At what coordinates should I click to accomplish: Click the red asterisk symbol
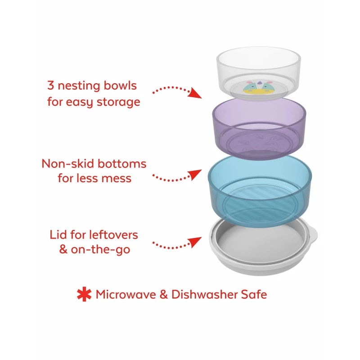tap(84, 294)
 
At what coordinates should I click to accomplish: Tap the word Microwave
tap(126, 294)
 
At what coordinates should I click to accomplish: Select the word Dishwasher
tap(205, 294)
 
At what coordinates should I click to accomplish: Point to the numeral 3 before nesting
tap(50, 85)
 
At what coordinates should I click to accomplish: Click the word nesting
tap(79, 86)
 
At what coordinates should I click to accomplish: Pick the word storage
tap(118, 103)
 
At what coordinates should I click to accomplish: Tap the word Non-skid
tap(68, 164)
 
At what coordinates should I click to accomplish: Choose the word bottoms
tap(122, 164)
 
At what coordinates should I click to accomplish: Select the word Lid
tap(58, 235)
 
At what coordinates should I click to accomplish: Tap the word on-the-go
tap(100, 250)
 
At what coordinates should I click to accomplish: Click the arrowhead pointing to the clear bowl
tap(195, 94)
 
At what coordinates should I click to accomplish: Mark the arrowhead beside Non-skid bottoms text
tap(196, 175)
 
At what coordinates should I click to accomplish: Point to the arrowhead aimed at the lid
tap(195, 242)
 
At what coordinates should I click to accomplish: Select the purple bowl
tap(260, 129)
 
